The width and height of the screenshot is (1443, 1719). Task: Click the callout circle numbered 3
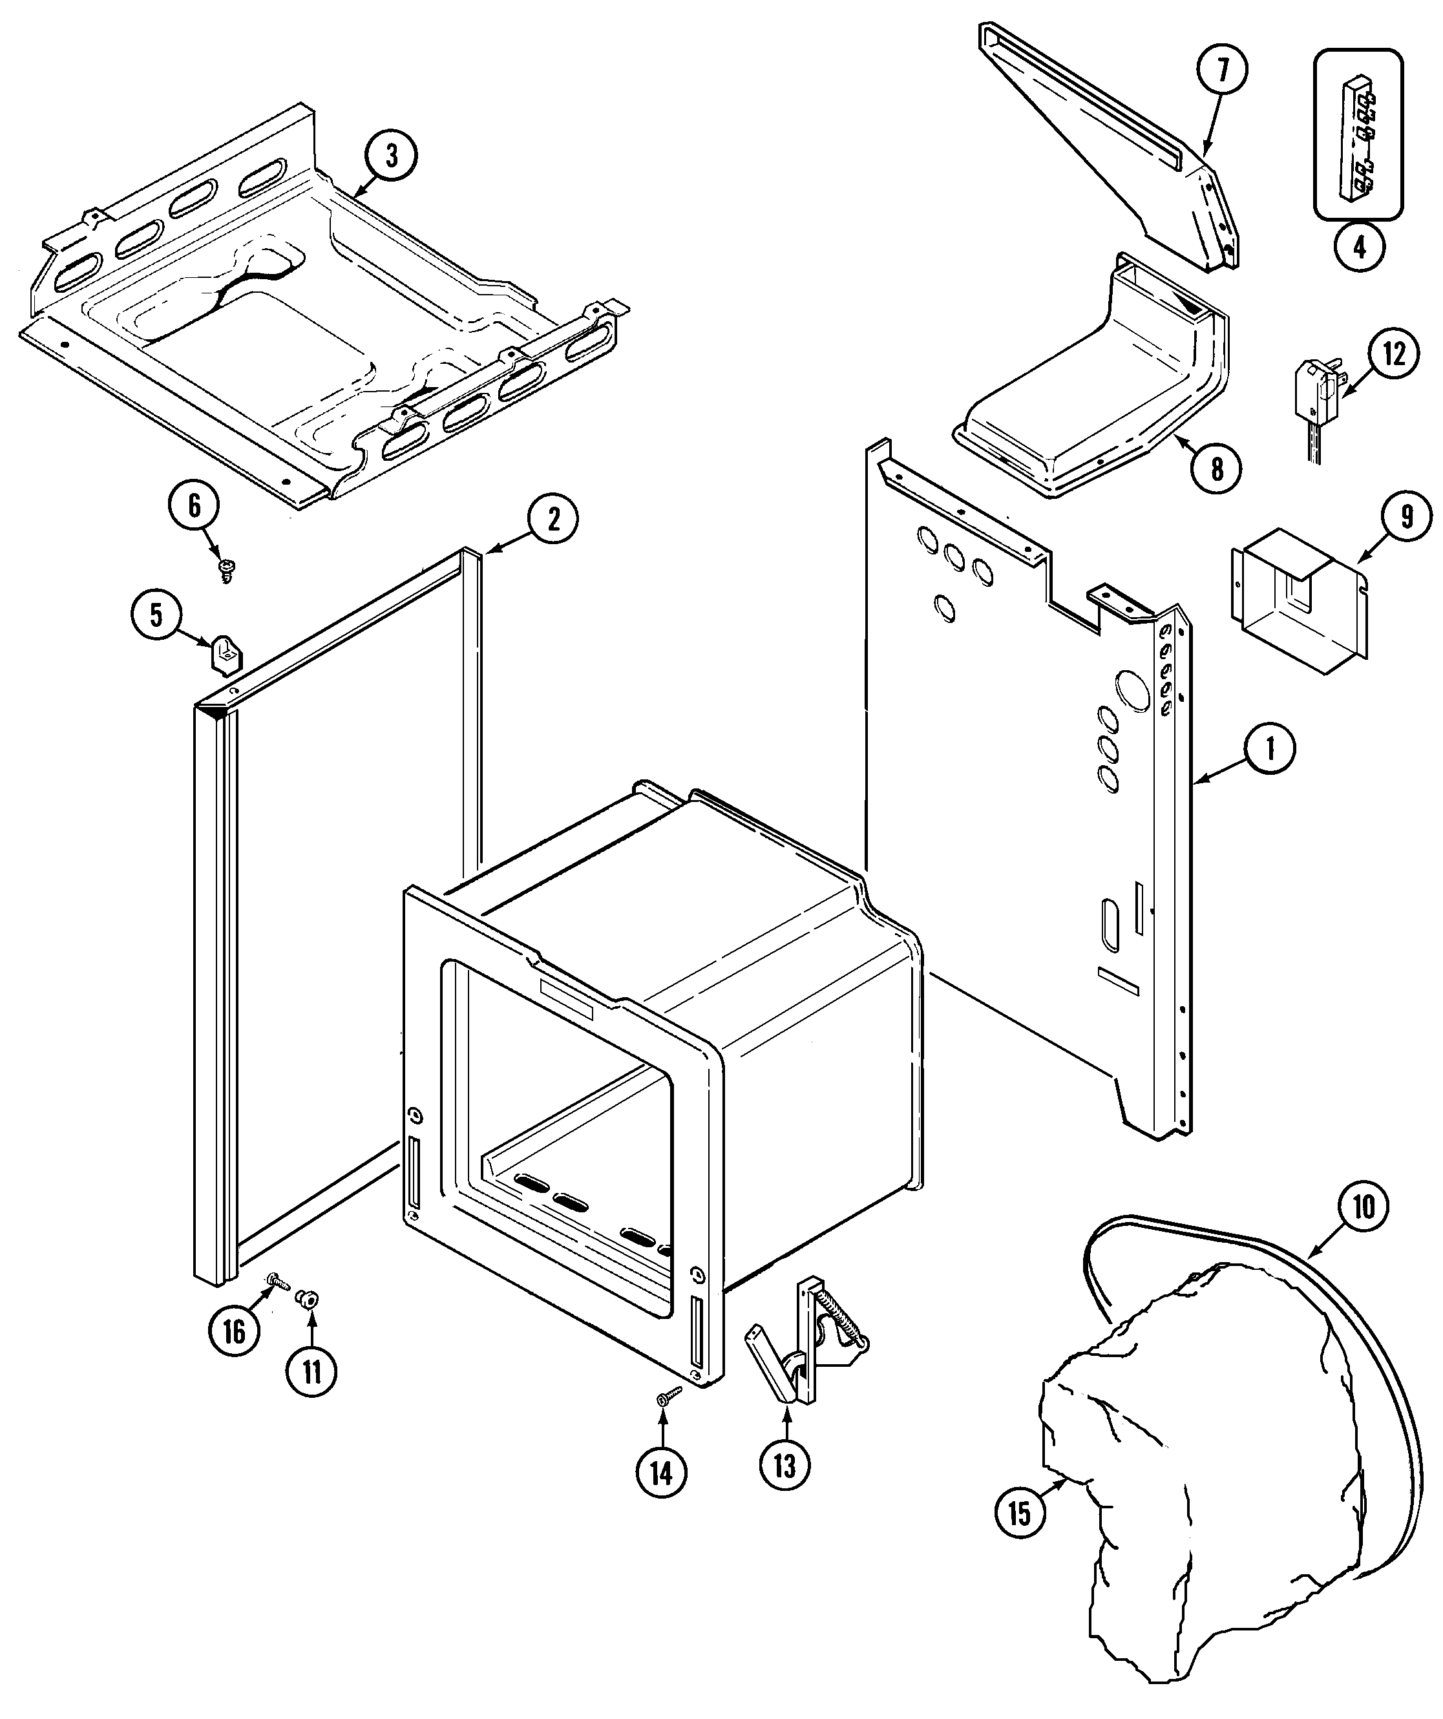[390, 156]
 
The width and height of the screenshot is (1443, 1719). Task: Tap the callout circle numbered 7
[1222, 70]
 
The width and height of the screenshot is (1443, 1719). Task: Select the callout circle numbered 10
[1364, 1207]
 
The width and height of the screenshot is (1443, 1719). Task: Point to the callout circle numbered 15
[1020, 1513]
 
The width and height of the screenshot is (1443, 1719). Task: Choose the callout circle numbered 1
[1269, 749]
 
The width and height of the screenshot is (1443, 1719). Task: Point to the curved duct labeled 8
[1097, 393]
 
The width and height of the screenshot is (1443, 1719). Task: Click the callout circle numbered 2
[553, 518]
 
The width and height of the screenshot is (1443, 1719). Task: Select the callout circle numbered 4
[1360, 245]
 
